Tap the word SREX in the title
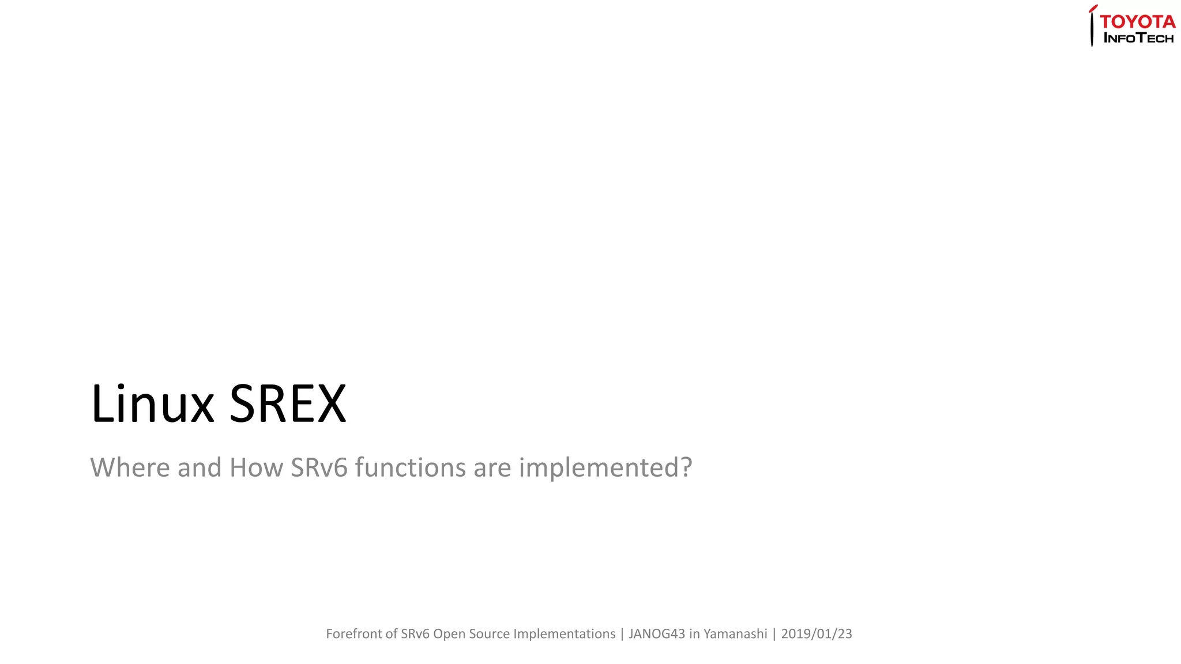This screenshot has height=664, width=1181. [288, 404]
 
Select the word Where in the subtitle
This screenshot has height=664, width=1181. [130, 467]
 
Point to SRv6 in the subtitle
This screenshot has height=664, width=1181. [319, 467]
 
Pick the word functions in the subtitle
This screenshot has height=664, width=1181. [410, 467]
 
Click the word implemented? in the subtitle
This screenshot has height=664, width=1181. [605, 467]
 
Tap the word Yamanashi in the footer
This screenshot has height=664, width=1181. [735, 634]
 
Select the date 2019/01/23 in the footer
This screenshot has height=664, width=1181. [816, 634]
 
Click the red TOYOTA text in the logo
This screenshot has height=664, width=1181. [1137, 22]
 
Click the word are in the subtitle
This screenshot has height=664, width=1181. [492, 467]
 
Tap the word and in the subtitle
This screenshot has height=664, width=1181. [200, 467]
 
